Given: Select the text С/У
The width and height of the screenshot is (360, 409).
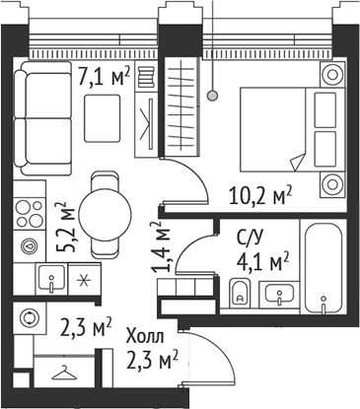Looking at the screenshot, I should (250, 237).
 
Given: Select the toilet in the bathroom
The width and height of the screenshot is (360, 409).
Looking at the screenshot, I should (239, 293).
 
